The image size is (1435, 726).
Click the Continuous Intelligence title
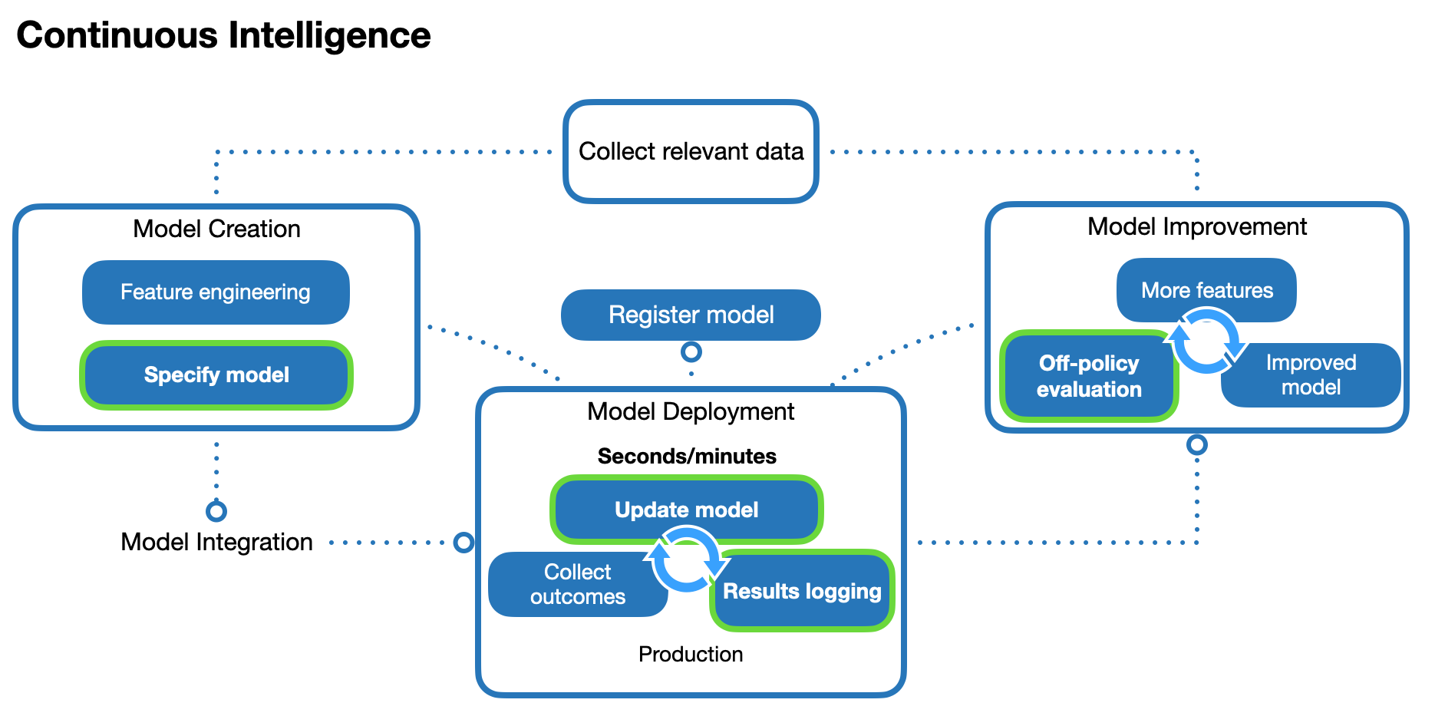(x=223, y=35)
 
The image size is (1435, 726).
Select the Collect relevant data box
(x=691, y=152)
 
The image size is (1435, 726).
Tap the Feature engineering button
(x=216, y=292)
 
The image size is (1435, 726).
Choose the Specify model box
(x=216, y=375)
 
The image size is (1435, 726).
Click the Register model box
(x=691, y=315)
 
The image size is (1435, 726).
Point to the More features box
(x=1206, y=290)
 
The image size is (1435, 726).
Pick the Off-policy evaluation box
(x=1089, y=376)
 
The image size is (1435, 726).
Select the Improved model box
(x=1311, y=375)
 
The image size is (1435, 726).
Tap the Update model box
(x=687, y=510)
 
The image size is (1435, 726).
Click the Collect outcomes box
(x=578, y=585)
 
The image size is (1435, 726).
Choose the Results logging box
(x=802, y=591)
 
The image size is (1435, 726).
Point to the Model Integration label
(x=217, y=543)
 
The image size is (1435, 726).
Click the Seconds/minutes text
(x=687, y=457)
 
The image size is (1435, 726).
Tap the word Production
(x=691, y=655)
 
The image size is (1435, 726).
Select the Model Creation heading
(x=216, y=229)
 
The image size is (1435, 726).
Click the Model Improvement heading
(x=1197, y=227)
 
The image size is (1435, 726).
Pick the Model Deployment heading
(x=691, y=412)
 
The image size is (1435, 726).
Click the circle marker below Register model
(x=691, y=352)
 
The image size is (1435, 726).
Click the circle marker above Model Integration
(x=216, y=511)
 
